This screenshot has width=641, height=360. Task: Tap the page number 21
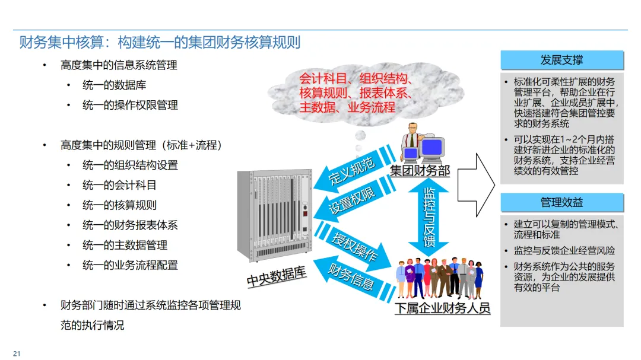[17, 354]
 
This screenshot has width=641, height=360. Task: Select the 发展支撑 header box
[561, 60]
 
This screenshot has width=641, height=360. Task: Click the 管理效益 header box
[561, 202]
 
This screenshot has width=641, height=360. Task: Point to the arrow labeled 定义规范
[351, 172]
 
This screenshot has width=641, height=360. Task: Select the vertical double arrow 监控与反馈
[429, 217]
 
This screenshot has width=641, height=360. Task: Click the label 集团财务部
[420, 171]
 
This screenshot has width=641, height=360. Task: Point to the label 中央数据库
[277, 276]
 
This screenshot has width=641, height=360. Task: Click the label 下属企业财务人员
[443, 308]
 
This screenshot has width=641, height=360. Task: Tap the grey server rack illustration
[274, 215]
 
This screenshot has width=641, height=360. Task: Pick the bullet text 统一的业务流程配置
[130, 265]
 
